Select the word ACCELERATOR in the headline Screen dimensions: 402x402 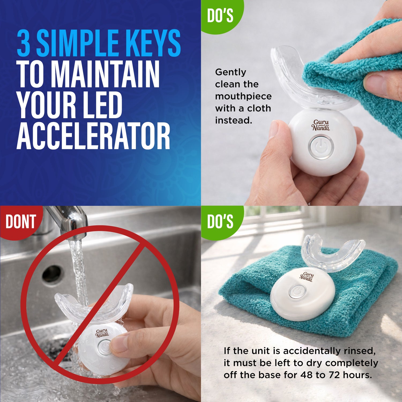click(93, 136)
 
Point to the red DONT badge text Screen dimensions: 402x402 click(21, 222)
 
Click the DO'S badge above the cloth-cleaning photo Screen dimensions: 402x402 click(220, 16)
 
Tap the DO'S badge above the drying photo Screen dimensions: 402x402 click(220, 221)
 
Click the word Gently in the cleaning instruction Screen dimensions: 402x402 click(230, 72)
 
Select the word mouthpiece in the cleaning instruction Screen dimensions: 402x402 click(243, 96)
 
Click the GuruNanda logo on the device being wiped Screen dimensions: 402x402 click(321, 125)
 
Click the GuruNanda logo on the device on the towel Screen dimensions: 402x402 click(306, 277)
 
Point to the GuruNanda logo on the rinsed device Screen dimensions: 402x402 click(102, 333)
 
